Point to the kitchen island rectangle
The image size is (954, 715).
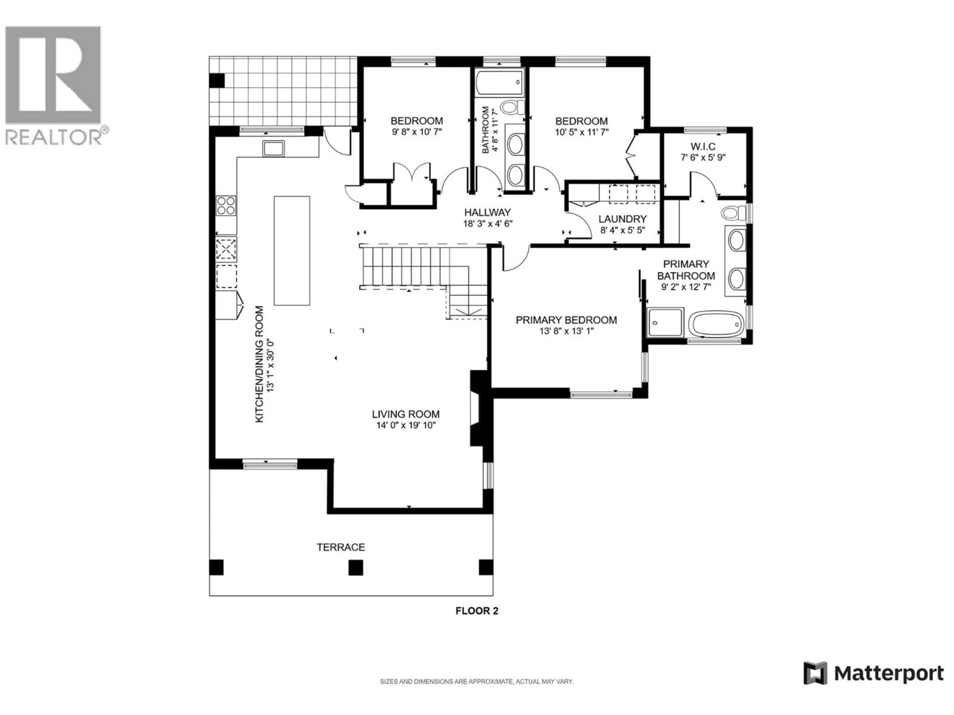pyautogui.click(x=292, y=251)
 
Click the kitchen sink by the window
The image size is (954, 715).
pyautogui.click(x=274, y=148)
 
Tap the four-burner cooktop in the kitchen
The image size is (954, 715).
pyautogui.click(x=226, y=206)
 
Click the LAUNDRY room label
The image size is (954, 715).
pyautogui.click(x=622, y=219)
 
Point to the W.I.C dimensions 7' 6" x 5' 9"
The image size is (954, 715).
pyautogui.click(x=703, y=158)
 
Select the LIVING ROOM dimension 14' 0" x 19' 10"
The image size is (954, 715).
pyautogui.click(x=406, y=425)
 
